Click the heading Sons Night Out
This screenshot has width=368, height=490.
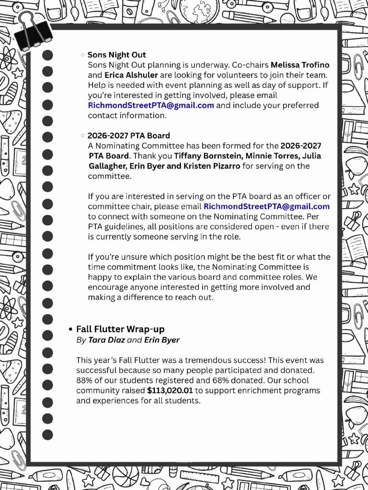(x=116, y=55)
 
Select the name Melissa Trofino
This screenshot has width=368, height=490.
(x=300, y=65)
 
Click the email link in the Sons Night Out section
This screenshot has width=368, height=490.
(x=151, y=105)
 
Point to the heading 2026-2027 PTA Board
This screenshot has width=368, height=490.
(x=128, y=135)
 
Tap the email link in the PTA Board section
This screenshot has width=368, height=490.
(x=266, y=206)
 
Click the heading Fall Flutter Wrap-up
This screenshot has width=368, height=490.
(x=120, y=329)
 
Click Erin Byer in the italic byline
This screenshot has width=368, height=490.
(x=162, y=340)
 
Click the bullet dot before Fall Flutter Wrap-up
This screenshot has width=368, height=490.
(x=70, y=329)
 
